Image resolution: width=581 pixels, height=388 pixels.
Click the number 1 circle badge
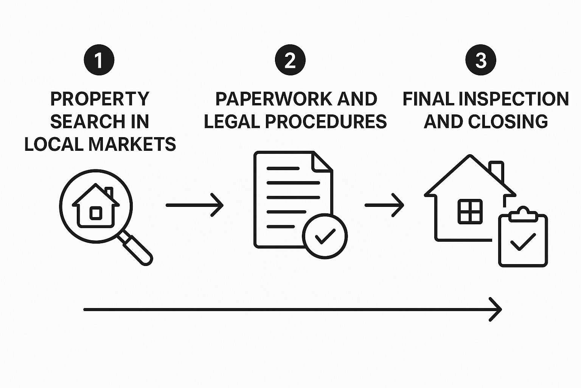(x=99, y=60)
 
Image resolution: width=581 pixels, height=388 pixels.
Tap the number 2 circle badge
(x=290, y=60)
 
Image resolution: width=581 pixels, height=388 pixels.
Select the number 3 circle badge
(x=481, y=60)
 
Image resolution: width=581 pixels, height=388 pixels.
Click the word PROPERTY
(x=100, y=99)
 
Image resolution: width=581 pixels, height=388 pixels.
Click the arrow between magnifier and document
(x=194, y=205)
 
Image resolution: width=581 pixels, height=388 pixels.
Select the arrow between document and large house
(x=384, y=205)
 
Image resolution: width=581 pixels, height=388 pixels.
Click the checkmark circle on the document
(x=325, y=236)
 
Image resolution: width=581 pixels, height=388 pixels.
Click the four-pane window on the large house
(x=470, y=211)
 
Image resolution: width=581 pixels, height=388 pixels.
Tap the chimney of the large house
(x=496, y=171)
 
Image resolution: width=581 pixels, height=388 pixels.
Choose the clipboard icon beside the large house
(x=523, y=239)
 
